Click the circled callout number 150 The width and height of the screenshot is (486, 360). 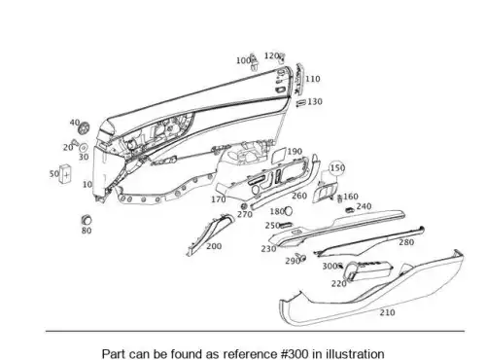337,168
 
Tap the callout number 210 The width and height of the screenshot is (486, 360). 388,312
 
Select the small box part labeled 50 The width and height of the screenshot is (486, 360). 65,174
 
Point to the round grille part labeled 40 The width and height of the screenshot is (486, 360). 85,127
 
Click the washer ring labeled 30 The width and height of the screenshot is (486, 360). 84,148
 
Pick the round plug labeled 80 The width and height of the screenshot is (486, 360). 87,220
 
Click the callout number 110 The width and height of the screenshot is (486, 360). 312,79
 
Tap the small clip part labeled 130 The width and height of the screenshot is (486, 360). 301,103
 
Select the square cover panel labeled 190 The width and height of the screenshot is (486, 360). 279,155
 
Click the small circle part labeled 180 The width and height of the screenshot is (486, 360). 289,211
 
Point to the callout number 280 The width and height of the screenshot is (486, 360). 406,242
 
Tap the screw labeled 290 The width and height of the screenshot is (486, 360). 300,257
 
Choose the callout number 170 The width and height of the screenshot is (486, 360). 219,199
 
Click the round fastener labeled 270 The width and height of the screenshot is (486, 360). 244,206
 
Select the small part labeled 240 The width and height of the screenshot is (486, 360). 350,209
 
